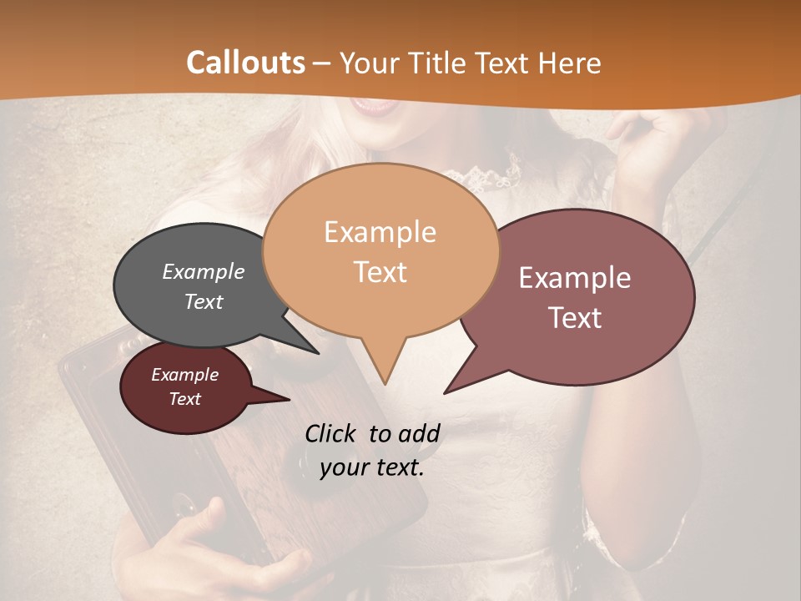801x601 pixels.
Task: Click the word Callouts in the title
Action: tap(245, 63)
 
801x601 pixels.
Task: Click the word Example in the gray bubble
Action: tap(204, 271)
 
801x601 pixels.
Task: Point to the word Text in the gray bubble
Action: tap(204, 301)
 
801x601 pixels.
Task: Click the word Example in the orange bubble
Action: tap(380, 232)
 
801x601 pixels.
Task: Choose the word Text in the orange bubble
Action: tap(380, 271)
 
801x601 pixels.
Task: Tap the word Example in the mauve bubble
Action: tap(575, 278)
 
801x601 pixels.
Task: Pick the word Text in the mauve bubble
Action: tap(575, 317)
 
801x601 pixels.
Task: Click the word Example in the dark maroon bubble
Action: tap(185, 375)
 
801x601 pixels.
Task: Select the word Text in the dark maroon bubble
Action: tap(185, 399)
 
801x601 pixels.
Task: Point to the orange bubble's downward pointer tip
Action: tap(385, 383)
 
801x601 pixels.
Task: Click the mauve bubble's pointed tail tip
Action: tap(445, 392)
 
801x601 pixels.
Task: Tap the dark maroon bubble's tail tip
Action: tap(289, 400)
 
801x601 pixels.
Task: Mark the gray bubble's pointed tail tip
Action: tap(318, 353)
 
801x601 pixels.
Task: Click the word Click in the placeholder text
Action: tap(334, 433)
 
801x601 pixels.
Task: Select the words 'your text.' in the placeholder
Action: tap(372, 467)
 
